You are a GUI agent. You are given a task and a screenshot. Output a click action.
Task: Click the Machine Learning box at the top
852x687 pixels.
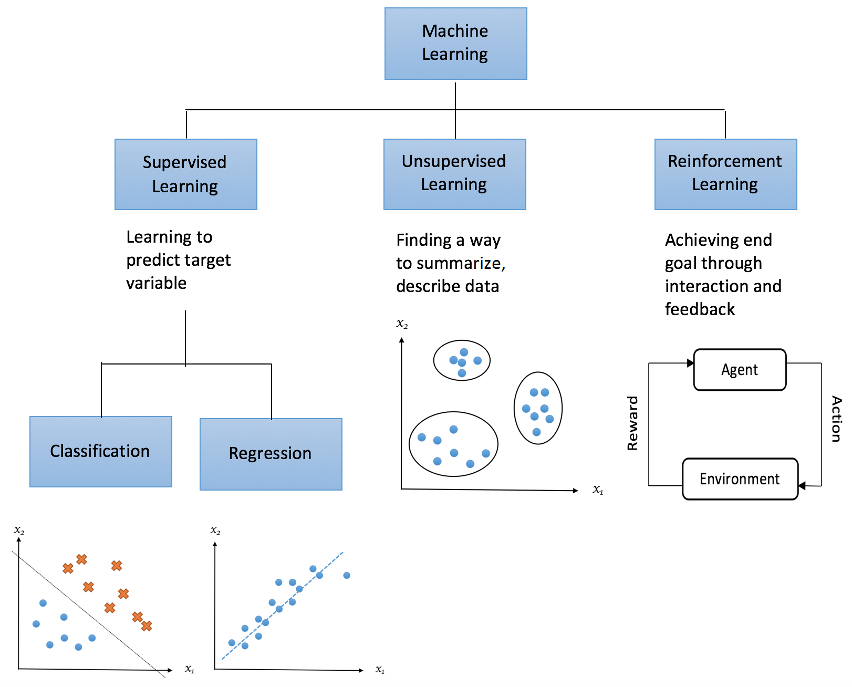point(455,44)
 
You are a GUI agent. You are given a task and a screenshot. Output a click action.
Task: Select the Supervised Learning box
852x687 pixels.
point(185,174)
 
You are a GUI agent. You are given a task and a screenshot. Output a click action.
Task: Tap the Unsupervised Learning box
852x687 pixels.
point(454,174)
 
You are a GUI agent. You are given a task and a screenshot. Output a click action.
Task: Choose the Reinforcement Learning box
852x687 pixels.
point(725,174)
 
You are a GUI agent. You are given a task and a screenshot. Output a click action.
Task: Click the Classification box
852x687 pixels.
point(100,451)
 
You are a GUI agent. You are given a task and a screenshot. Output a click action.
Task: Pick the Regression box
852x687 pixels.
point(271,454)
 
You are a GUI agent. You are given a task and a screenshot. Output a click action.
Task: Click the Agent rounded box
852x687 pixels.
point(740,370)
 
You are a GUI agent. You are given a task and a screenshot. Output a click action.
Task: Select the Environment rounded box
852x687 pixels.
point(740,479)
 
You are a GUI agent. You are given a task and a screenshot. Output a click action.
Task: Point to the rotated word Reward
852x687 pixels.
point(632,423)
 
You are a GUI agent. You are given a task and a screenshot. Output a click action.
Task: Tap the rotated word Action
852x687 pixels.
point(836,419)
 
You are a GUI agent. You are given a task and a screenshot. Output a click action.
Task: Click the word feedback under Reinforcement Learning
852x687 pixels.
point(700,309)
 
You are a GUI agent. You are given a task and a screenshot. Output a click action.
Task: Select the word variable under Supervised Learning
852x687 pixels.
point(157,283)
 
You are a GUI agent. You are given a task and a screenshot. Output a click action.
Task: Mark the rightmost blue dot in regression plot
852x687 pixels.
point(347,575)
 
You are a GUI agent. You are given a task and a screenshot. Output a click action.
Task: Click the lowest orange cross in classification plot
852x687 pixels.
point(147,626)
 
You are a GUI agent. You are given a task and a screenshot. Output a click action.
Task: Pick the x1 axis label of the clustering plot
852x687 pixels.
point(598,490)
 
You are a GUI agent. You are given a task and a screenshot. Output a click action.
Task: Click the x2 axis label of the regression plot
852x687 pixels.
point(215,530)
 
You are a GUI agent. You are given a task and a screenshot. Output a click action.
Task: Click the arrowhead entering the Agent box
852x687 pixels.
point(690,363)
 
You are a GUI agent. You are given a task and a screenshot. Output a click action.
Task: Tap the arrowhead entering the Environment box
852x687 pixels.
point(802,486)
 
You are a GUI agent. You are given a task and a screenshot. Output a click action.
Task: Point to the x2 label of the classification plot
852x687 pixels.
point(19,530)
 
